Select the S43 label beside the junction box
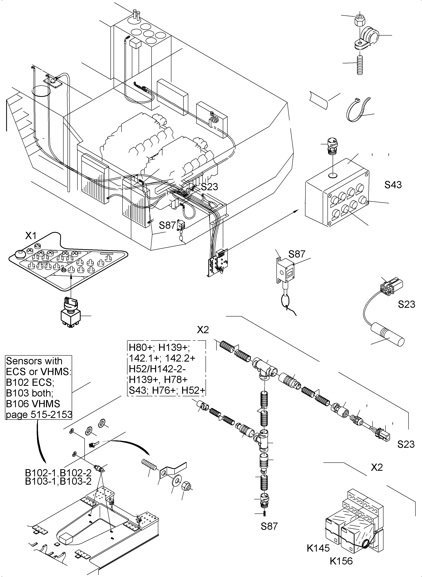coord(393,185)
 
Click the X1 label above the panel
coord(31,236)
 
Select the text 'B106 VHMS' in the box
coord(33,404)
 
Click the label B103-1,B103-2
coord(58,481)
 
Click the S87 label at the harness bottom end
coord(269,526)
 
